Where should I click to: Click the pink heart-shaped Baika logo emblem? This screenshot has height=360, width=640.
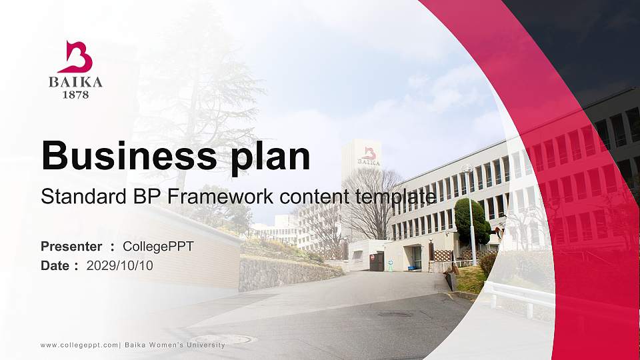(x=75, y=57)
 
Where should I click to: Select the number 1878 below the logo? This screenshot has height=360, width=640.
(x=75, y=95)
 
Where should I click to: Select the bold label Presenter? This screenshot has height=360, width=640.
(x=71, y=247)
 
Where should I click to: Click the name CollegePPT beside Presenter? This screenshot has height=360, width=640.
(x=158, y=247)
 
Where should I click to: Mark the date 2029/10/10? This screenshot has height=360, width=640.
(x=120, y=266)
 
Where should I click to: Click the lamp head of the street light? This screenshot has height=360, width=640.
(x=467, y=169)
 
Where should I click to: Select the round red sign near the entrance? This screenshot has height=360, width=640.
(x=373, y=255)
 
